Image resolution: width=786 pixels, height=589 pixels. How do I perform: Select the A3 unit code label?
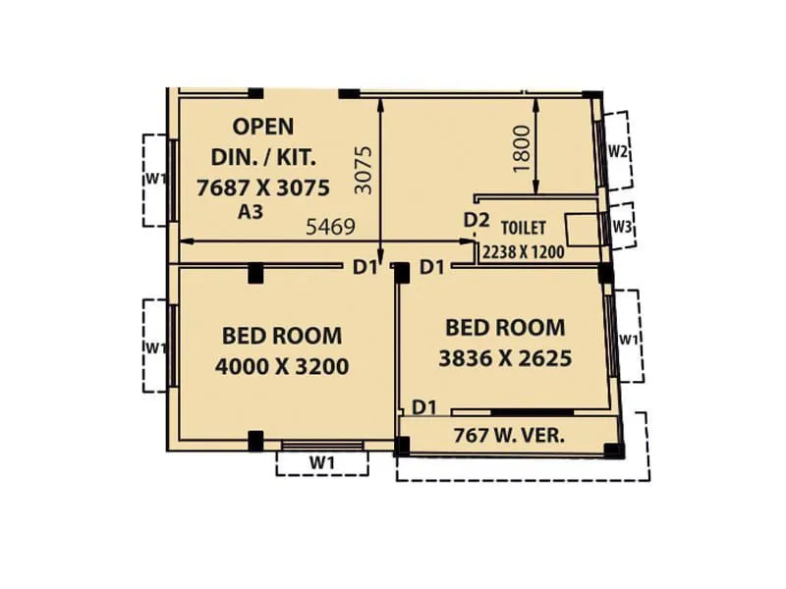[250, 211]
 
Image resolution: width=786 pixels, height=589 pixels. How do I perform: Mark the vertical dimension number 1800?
[522, 148]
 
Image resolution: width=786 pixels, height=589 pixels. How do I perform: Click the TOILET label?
[525, 226]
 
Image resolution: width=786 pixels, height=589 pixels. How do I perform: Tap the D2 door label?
[477, 220]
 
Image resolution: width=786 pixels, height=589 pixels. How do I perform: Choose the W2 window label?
[618, 151]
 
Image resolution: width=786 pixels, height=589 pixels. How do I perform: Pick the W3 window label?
[621, 226]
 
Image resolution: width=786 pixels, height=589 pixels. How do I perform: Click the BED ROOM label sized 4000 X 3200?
[282, 335]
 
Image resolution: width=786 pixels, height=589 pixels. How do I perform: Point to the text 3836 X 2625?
[505, 358]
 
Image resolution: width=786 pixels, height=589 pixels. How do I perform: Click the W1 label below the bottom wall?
[322, 461]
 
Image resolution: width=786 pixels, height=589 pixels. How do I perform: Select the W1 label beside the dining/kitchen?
[154, 178]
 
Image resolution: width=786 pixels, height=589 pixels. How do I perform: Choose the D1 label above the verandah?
[423, 405]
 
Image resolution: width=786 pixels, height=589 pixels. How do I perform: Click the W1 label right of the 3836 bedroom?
[629, 339]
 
